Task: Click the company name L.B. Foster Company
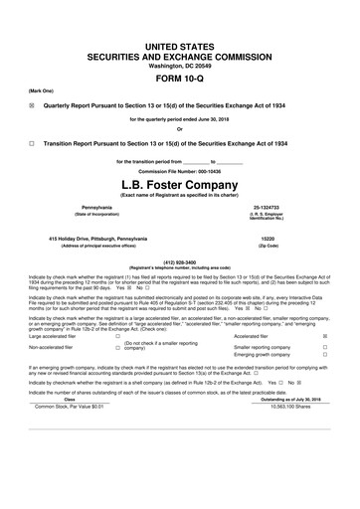(x=180, y=183)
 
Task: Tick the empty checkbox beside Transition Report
(x=33, y=143)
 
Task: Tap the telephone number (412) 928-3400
(x=180, y=263)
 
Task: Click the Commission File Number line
(x=180, y=170)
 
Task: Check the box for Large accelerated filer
(x=117, y=364)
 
